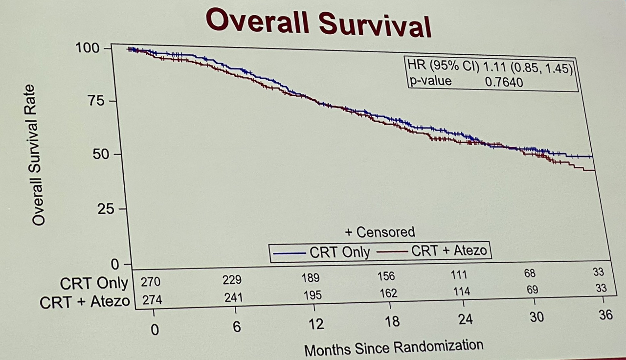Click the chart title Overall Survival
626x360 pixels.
[318, 22]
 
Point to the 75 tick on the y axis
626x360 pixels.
[97, 101]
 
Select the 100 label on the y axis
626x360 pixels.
[88, 48]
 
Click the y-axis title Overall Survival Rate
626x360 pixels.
[38, 155]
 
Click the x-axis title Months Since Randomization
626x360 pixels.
[393, 347]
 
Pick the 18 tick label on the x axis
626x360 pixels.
[392, 321]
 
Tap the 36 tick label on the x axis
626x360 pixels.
[605, 315]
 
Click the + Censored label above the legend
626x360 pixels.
[380, 231]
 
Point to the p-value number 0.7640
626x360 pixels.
[504, 82]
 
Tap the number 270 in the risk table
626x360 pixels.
[151, 282]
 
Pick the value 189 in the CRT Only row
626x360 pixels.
[311, 278]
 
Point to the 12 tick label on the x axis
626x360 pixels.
[316, 324]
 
